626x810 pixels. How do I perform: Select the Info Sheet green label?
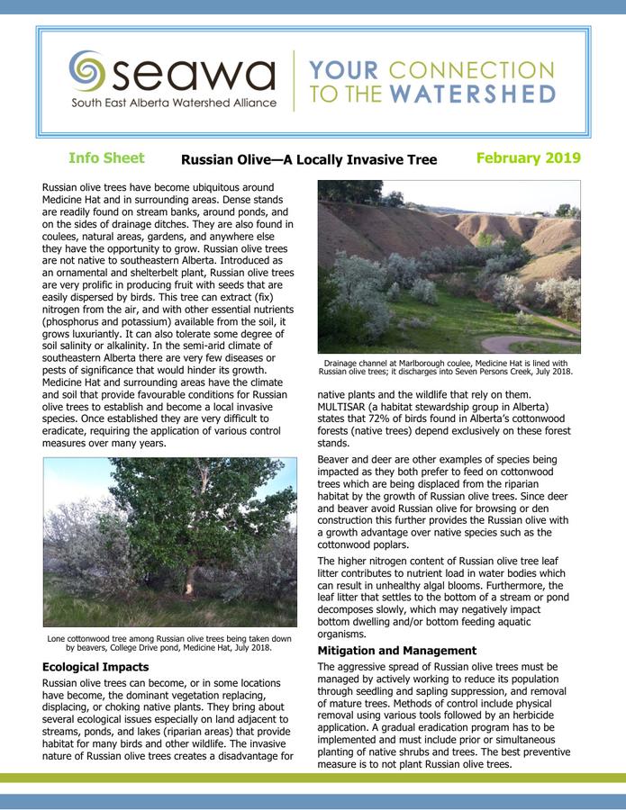coord(106,158)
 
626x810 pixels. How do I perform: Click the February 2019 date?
coord(528,158)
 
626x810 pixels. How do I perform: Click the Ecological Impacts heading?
coord(95,667)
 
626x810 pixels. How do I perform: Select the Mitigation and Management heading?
coord(397,650)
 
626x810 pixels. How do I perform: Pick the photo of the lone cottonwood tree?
coord(169,541)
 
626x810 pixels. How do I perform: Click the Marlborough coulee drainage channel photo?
coord(449,266)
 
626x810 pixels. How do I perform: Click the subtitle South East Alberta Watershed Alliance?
coord(174,103)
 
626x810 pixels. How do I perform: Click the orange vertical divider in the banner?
coord(294,81)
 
